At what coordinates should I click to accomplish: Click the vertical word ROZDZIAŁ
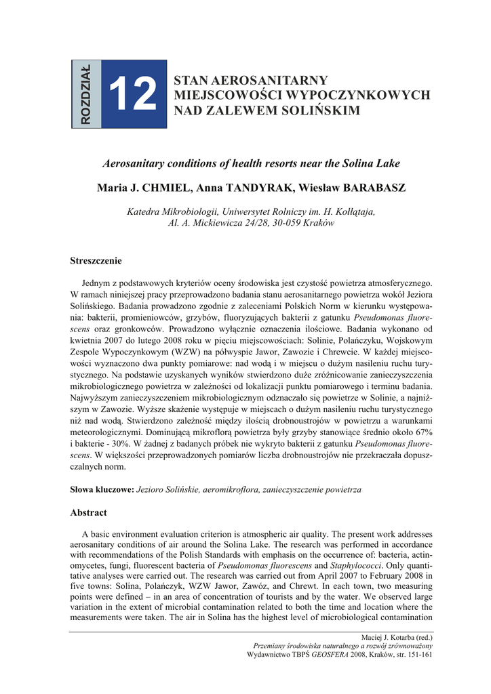click(x=85, y=94)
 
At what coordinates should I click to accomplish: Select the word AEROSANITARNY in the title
click(x=252, y=81)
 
